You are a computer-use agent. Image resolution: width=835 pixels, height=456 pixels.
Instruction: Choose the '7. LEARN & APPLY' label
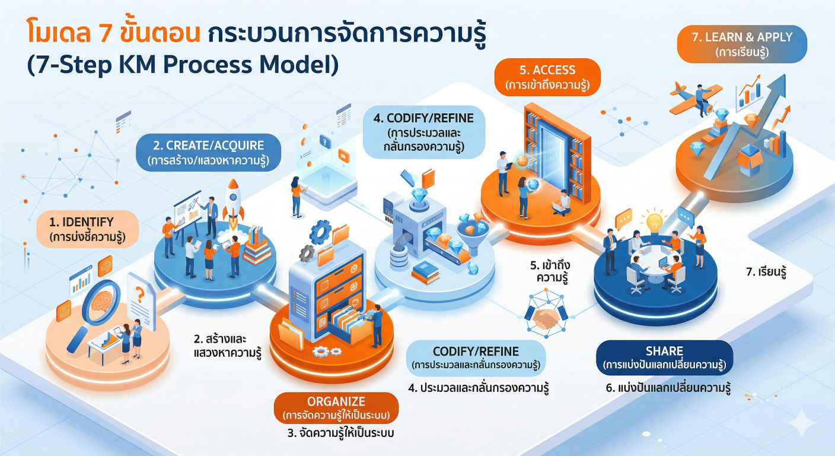point(742,44)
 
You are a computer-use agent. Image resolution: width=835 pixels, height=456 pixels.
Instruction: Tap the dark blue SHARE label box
point(664,357)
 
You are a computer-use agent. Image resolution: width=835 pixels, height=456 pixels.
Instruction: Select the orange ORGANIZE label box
point(336,407)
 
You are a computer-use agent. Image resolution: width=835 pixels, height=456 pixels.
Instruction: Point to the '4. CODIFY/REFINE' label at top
point(423,132)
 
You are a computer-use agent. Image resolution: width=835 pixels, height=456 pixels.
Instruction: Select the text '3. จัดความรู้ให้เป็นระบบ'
point(340,433)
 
